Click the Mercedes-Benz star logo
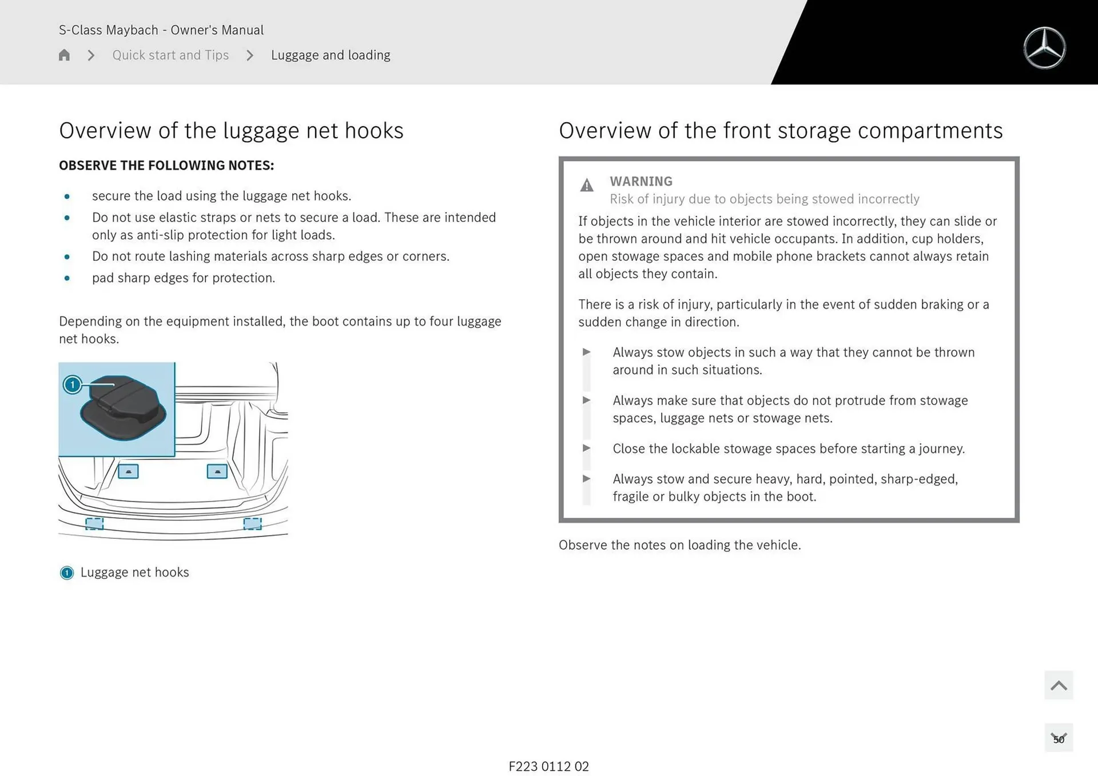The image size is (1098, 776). [1044, 48]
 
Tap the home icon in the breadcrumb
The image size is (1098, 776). [64, 55]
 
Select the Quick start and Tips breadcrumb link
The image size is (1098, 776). [170, 55]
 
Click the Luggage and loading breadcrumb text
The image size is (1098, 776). [331, 55]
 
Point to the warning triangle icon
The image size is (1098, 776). [587, 185]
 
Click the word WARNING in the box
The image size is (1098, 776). [640, 181]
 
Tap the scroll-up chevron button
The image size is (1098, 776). [1059, 685]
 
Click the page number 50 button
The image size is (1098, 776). [1059, 738]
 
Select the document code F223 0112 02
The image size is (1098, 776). [548, 766]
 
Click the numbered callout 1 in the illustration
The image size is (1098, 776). [73, 385]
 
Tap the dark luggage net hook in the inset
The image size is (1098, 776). [123, 407]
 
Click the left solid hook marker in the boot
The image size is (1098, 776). [128, 471]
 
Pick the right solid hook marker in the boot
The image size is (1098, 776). [217, 471]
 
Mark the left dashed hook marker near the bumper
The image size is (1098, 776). [94, 523]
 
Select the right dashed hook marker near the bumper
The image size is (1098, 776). [252, 523]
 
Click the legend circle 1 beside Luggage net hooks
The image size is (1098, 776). [67, 573]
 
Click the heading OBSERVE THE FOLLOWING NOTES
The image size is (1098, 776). [166, 165]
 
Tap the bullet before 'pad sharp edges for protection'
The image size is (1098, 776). [67, 278]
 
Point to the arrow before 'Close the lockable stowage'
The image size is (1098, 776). [586, 448]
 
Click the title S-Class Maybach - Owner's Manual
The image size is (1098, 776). [161, 30]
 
